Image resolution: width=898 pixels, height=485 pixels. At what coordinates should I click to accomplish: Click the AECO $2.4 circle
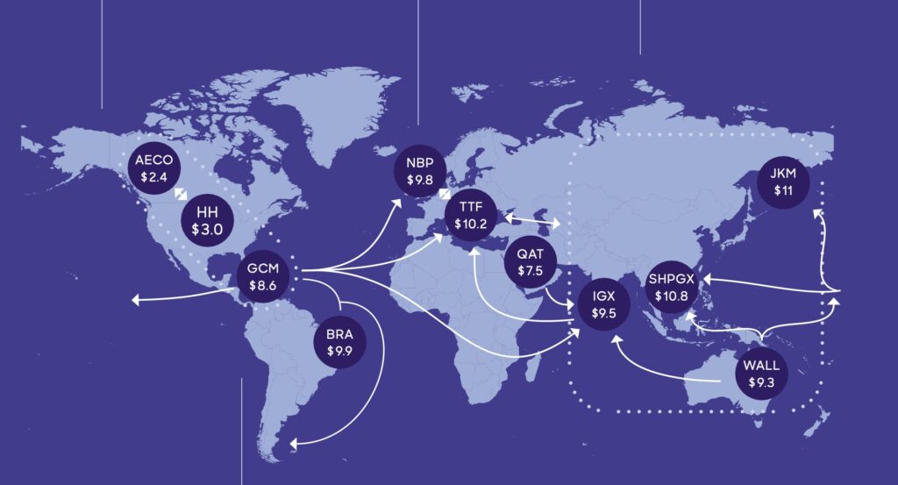tap(155, 168)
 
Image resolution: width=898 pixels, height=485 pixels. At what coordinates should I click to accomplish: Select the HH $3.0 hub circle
tap(208, 220)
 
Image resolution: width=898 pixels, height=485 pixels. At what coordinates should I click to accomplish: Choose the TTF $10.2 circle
tap(472, 216)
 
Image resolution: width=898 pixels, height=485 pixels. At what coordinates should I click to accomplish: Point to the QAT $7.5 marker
tap(531, 263)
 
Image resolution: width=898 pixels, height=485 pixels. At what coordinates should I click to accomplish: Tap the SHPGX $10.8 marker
tap(673, 286)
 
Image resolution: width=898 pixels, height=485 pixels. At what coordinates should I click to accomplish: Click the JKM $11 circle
tap(783, 182)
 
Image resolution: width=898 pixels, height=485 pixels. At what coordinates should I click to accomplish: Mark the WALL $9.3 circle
tap(761, 374)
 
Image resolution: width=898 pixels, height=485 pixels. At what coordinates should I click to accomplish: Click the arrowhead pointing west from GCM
tap(137, 301)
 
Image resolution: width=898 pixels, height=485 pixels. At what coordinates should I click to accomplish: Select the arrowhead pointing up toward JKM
tap(820, 211)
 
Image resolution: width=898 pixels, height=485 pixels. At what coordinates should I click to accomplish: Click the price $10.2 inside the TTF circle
tap(472, 224)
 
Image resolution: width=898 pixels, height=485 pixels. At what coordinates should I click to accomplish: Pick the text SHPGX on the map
tap(673, 278)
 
